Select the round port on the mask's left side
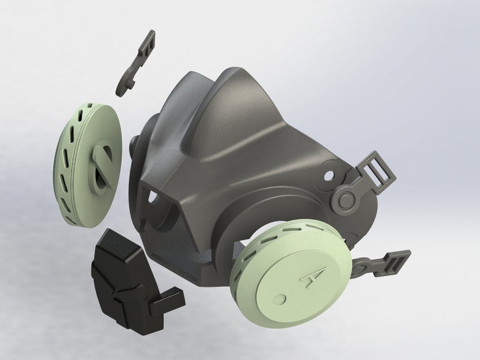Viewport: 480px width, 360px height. (x=135, y=145)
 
